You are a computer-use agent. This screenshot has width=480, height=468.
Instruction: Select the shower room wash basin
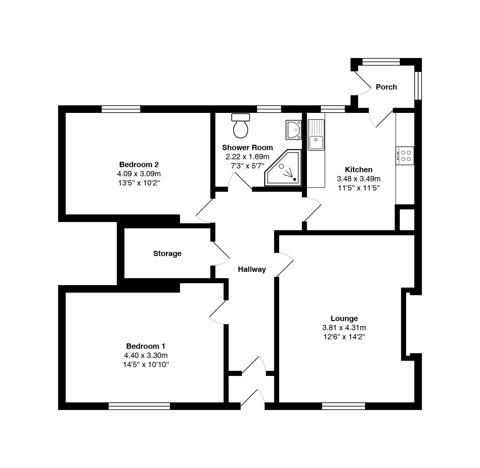coord(293,130)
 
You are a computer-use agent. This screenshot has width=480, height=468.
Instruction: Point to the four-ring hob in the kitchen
coord(405,156)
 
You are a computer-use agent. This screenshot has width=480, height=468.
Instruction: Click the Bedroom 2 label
coord(139,164)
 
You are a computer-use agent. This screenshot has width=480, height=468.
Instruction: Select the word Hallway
coord(252,269)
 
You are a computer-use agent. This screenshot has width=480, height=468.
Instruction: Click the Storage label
coord(167,254)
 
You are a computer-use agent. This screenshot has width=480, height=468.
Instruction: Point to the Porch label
coord(387,87)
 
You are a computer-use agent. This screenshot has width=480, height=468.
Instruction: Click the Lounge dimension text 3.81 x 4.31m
coord(344,328)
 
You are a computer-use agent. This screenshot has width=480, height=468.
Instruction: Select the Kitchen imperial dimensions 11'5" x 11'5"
coord(359,188)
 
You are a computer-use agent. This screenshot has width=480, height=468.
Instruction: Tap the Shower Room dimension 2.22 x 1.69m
coord(248,157)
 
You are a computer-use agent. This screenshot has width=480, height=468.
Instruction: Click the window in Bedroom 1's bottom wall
coord(139,406)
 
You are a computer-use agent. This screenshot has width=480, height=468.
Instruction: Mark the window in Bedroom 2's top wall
coord(121,109)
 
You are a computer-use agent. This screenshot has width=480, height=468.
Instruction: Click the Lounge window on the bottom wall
coord(344,406)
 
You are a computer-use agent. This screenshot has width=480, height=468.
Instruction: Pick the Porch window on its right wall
coord(418,86)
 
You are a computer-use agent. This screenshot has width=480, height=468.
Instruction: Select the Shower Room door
coord(240,181)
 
